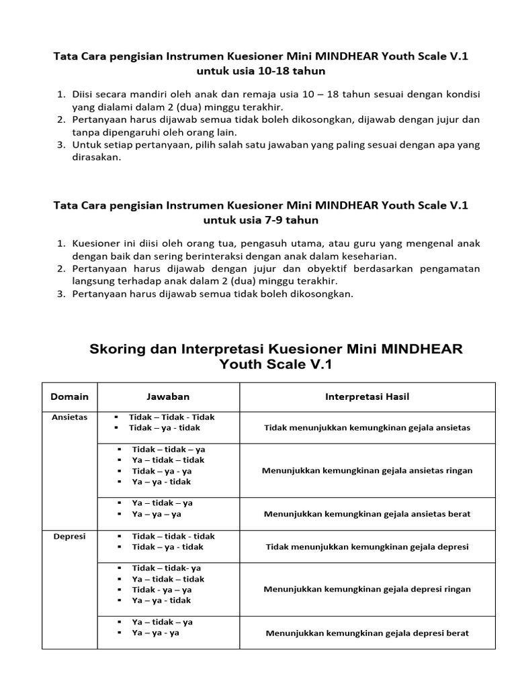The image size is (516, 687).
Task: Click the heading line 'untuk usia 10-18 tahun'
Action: [x=261, y=70]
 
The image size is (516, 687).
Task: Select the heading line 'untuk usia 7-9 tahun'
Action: [x=261, y=220]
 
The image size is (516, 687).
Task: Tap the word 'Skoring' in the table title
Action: [x=116, y=349]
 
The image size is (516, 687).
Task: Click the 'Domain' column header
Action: [x=69, y=397]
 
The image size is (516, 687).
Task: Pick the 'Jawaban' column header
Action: [x=168, y=397]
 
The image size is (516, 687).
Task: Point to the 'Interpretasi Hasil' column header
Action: [x=367, y=397]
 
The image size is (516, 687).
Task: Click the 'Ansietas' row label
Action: [x=69, y=417]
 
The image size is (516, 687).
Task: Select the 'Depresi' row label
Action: [x=69, y=537]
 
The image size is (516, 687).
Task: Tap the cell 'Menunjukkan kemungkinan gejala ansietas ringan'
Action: [x=367, y=470]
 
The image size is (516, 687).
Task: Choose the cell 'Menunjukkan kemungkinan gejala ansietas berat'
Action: [x=367, y=514]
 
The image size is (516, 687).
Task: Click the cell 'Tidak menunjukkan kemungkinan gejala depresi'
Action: [x=367, y=547]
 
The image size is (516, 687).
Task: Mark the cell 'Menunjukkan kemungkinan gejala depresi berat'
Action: [x=367, y=633]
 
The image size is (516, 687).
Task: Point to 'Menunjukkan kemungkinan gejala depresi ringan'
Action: [x=367, y=589]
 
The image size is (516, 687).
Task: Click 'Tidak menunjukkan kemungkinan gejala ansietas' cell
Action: [x=367, y=427]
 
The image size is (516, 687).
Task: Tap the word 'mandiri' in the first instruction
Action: [x=149, y=95]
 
